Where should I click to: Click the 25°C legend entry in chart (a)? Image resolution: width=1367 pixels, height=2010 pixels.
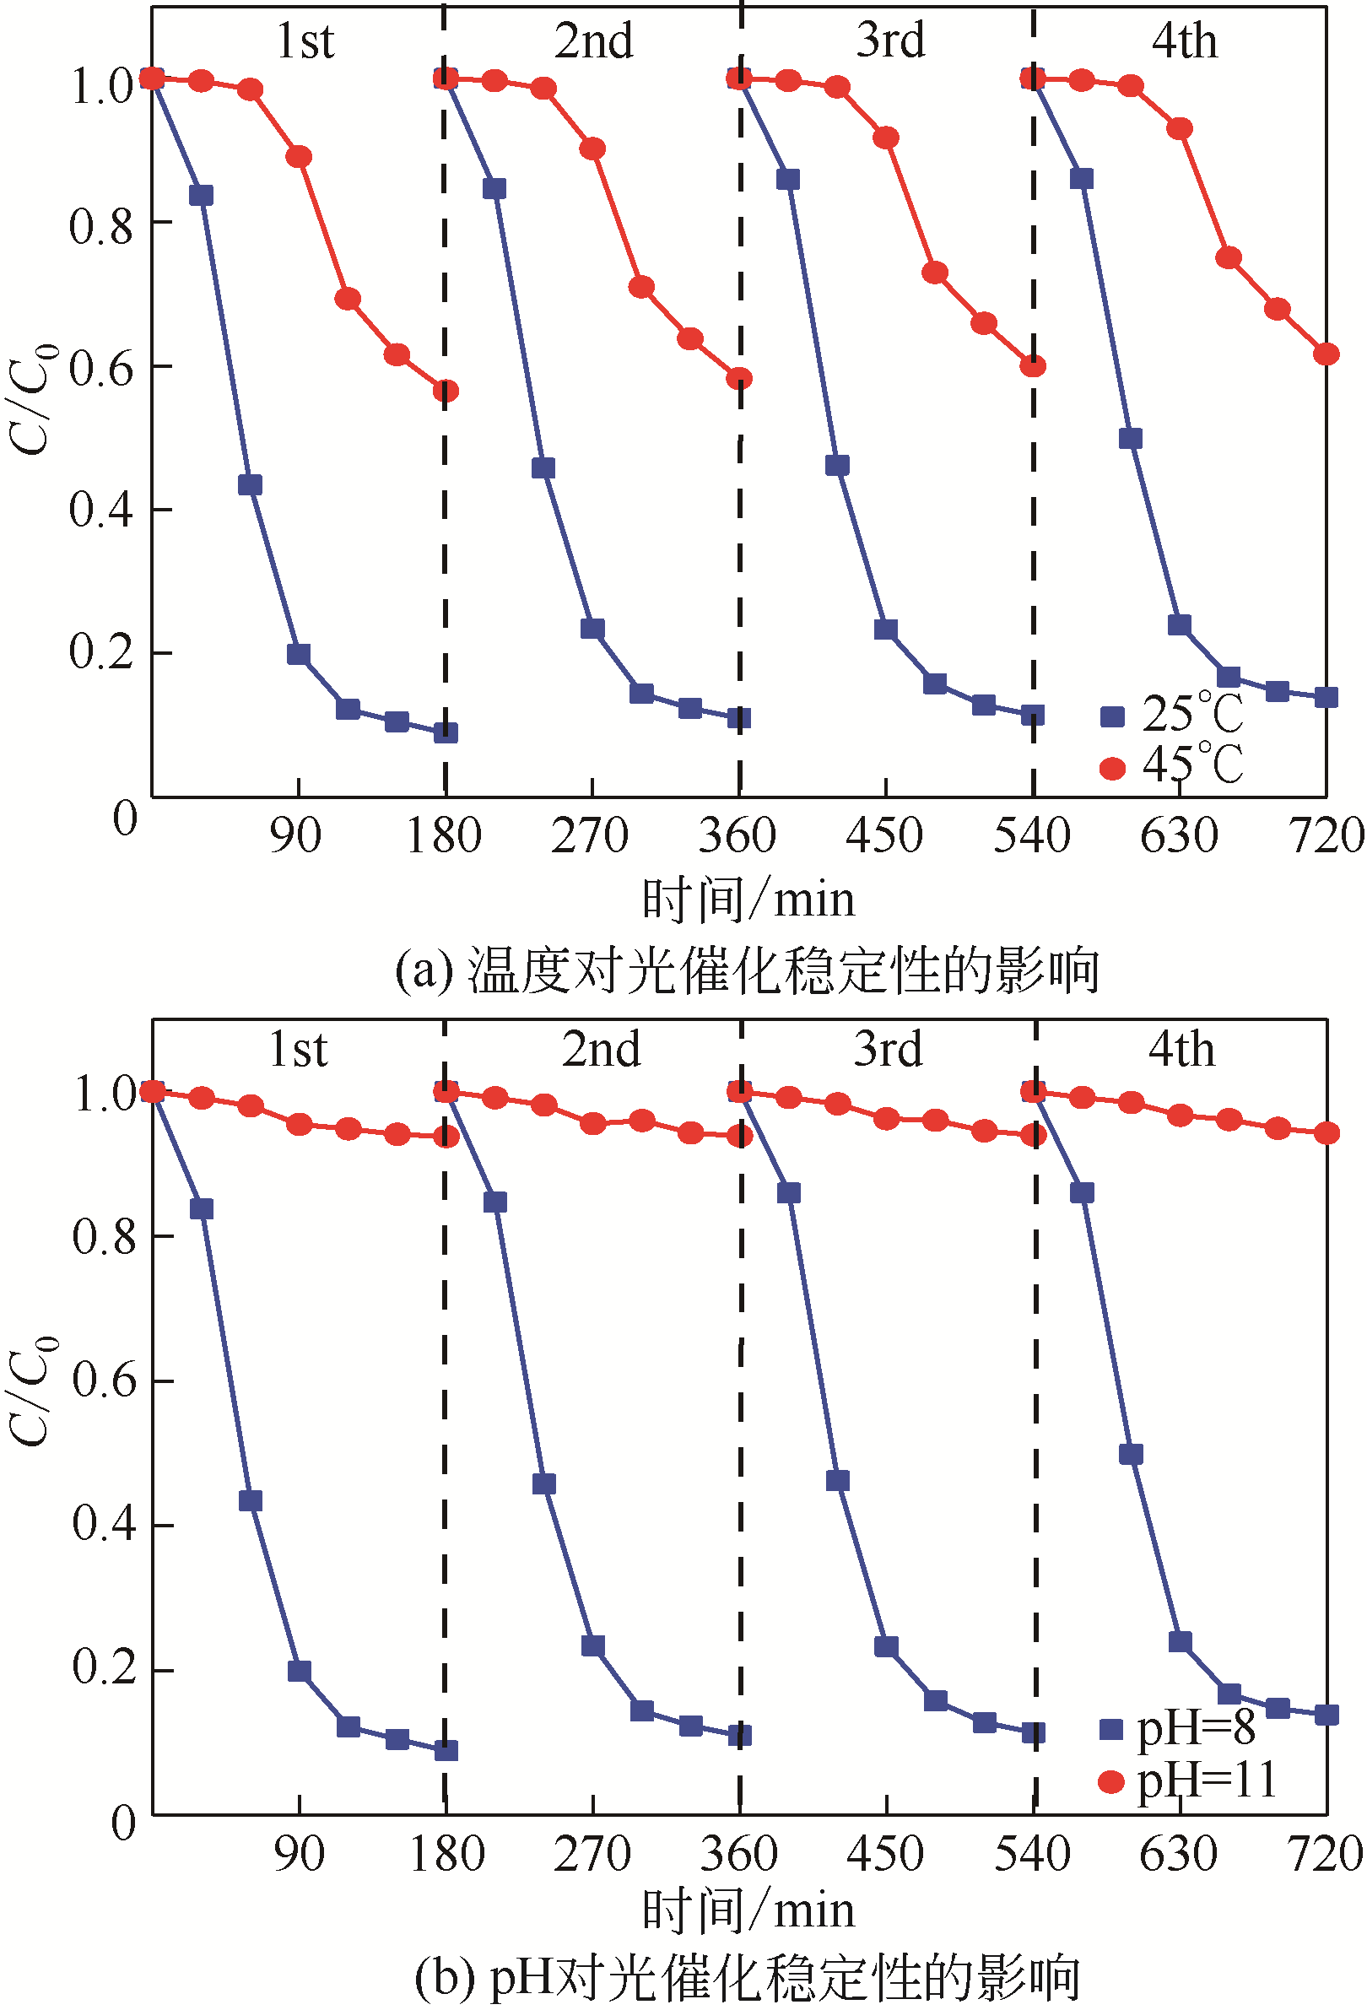pyautogui.click(x=1171, y=715)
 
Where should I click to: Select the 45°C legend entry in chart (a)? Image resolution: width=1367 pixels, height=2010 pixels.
pyautogui.click(x=1171, y=765)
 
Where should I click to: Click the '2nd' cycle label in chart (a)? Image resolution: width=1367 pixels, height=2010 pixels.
pyautogui.click(x=593, y=41)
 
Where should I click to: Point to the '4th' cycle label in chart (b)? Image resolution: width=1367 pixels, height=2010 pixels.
pyautogui.click(x=1181, y=1048)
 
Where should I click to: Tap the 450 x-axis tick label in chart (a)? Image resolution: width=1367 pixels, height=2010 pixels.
pyautogui.click(x=884, y=836)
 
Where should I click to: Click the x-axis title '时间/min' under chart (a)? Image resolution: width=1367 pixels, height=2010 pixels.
pyautogui.click(x=748, y=900)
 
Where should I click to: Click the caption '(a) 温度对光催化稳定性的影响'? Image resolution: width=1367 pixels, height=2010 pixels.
pyautogui.click(x=747, y=970)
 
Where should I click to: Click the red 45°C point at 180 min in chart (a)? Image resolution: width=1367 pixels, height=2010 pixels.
pyautogui.click(x=446, y=391)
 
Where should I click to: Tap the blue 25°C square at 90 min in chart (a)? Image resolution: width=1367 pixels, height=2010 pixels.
pyautogui.click(x=299, y=654)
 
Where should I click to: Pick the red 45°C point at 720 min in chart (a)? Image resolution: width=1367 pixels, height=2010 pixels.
pyautogui.click(x=1326, y=354)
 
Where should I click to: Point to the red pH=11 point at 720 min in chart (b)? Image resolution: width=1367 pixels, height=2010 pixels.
pyautogui.click(x=1326, y=1133)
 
